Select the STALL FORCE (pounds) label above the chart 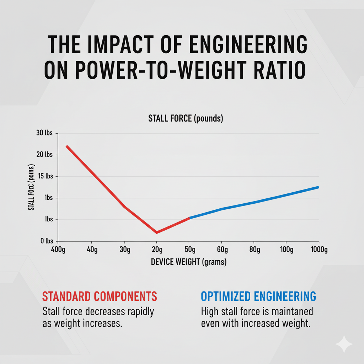pyautogui.click(x=186, y=119)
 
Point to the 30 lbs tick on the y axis pyautogui.click(x=44, y=133)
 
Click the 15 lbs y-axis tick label pyautogui.click(x=44, y=176)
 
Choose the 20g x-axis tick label pyautogui.click(x=157, y=250)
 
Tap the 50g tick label pyautogui.click(x=189, y=250)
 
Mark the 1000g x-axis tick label pyautogui.click(x=318, y=250)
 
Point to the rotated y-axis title pyautogui.click(x=31, y=187)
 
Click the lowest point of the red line pyautogui.click(x=156, y=232)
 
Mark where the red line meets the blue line pyautogui.click(x=189, y=218)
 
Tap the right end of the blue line pyautogui.click(x=318, y=187)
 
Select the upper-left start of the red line pyautogui.click(x=66, y=146)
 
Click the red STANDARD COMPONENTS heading pyautogui.click(x=99, y=296)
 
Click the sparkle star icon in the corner pyautogui.click(x=343, y=344)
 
